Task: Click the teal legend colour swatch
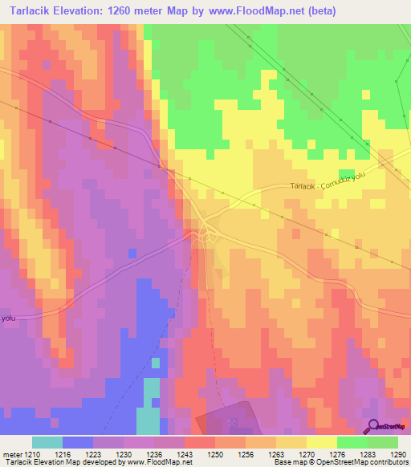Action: click(x=47, y=442)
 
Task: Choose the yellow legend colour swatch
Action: click(x=322, y=442)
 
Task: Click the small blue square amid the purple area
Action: click(x=131, y=253)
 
